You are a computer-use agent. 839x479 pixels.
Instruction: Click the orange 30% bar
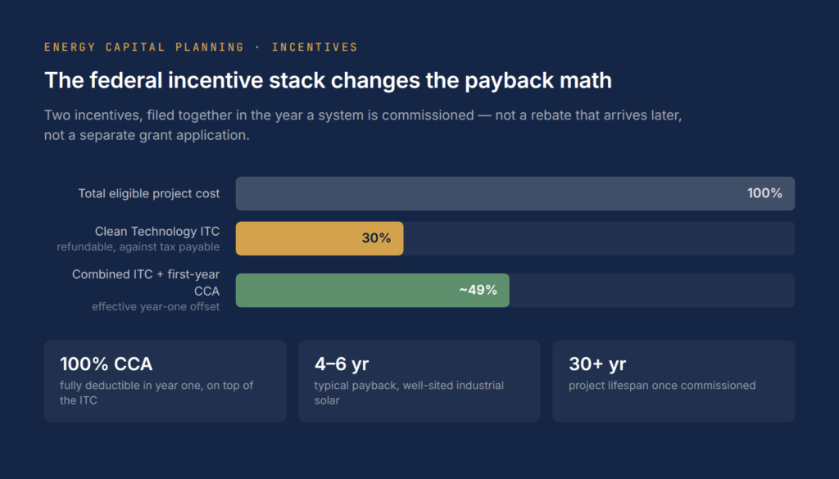tap(320, 238)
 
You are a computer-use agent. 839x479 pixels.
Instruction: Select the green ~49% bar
tap(373, 291)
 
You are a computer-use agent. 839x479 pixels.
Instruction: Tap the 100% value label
tap(764, 193)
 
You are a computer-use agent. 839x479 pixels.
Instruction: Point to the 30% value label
tap(376, 238)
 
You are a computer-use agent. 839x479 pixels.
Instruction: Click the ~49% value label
tap(478, 291)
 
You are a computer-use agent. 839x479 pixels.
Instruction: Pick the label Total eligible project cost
tap(149, 193)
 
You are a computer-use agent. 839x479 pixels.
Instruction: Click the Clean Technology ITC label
tap(157, 232)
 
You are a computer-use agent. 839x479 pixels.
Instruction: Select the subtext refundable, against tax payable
tap(138, 247)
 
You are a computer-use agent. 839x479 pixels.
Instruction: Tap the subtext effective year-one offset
tap(156, 307)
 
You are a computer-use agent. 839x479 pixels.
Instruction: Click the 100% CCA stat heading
tap(106, 364)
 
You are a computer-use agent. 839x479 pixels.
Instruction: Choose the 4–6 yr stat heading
tap(342, 364)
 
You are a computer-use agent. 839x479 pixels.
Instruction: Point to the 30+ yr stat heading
tap(597, 364)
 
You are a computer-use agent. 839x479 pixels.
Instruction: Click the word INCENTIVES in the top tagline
tap(315, 47)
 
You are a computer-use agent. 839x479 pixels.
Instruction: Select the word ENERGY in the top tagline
tap(70, 47)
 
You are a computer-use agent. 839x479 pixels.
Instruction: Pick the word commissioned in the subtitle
tap(428, 115)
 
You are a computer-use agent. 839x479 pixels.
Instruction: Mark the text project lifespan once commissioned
tap(662, 386)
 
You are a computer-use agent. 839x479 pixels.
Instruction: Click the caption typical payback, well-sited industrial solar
tap(409, 393)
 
